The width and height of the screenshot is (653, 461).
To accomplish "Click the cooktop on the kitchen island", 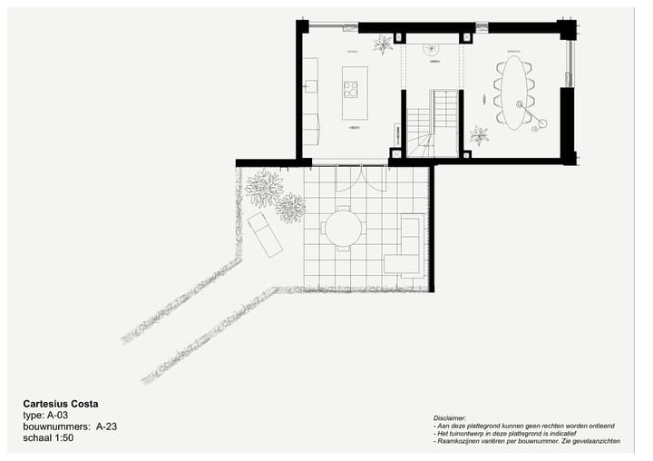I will click(350, 89).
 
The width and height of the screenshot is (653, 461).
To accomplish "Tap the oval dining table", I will click(513, 93).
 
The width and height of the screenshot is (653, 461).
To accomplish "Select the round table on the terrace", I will click(343, 228).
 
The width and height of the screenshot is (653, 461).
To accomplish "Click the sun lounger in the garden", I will click(264, 234).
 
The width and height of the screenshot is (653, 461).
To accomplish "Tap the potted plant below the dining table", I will click(479, 135).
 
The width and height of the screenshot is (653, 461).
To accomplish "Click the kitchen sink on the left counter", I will click(310, 86).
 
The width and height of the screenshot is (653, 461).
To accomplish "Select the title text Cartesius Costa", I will click(61, 404).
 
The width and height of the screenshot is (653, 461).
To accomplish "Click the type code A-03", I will click(57, 415).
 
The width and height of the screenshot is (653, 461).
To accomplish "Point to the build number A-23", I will click(103, 426).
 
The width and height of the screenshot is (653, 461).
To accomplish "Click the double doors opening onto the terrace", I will click(361, 178).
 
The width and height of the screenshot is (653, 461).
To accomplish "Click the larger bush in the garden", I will click(264, 188).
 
